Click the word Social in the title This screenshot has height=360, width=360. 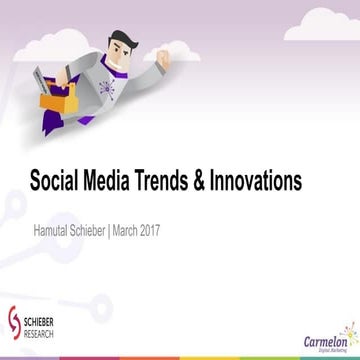point(56,183)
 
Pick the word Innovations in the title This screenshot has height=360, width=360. point(270,183)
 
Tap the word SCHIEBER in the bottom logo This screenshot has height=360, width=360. point(42,319)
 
